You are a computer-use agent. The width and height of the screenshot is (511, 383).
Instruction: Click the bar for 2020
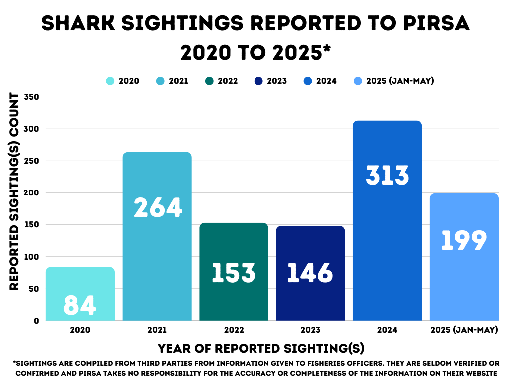tap(80, 294)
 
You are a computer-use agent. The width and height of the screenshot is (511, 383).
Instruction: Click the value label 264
tap(157, 207)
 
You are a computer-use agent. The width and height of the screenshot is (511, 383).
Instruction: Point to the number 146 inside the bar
tap(310, 272)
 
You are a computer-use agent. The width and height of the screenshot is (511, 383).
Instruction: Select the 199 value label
tap(464, 240)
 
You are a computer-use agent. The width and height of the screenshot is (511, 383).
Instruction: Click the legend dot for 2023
tap(258, 81)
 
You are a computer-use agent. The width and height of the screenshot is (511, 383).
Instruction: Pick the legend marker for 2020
tap(110, 81)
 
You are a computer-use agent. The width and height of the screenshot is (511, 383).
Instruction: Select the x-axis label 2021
tap(157, 330)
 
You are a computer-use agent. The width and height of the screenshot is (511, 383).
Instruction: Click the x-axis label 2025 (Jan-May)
tap(464, 330)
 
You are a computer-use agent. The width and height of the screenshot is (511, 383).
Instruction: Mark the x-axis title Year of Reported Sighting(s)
tap(261, 348)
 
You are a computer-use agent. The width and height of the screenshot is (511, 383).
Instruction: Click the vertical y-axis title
tap(14, 191)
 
